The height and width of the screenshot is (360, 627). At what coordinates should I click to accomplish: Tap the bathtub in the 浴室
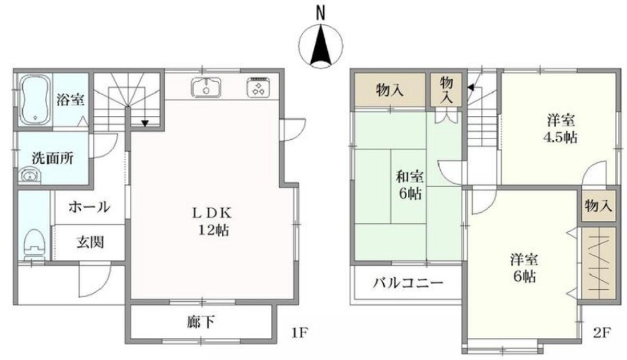point(34,100)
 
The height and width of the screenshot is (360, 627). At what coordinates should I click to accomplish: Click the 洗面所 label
point(52,158)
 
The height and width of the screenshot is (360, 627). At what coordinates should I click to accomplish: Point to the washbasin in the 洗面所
point(28,176)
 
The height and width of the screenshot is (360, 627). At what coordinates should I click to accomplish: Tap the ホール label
point(88,207)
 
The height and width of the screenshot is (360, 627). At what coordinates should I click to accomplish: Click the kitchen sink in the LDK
point(205,88)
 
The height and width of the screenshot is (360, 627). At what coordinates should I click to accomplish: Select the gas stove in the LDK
point(258,88)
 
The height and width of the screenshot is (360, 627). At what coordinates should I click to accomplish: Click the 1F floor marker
point(299,331)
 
